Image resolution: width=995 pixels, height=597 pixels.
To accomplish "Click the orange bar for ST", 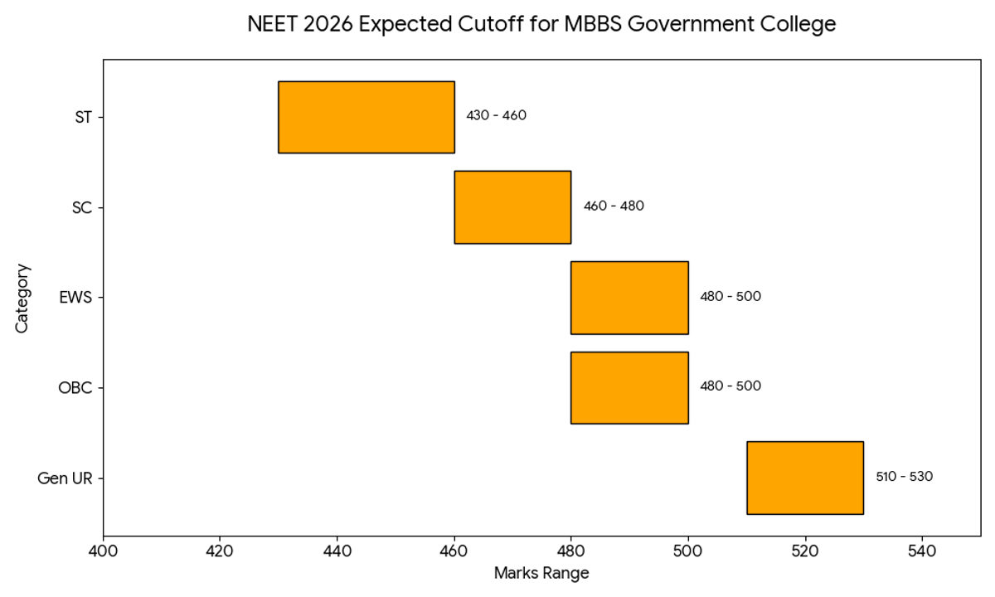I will [x=366, y=117].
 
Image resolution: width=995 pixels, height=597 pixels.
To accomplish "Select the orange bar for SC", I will [x=512, y=207].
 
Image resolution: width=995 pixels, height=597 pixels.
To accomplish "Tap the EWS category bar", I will [x=629, y=298].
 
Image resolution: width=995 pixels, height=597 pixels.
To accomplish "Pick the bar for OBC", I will [x=629, y=387].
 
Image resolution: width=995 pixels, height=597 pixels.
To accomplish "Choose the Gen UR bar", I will [x=805, y=478].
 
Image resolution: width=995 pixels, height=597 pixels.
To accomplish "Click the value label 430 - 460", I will [x=496, y=115].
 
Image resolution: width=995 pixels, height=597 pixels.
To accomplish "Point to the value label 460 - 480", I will [x=614, y=206].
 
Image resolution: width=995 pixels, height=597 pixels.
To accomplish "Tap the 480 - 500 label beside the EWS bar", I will [x=730, y=296].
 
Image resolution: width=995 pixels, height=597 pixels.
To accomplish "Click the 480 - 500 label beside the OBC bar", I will [x=730, y=386].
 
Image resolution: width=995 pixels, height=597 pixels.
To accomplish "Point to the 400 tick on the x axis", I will [x=103, y=550].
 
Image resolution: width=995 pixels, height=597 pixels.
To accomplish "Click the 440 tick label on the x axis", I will [x=337, y=550].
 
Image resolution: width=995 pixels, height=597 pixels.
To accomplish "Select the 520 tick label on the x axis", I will [x=805, y=550].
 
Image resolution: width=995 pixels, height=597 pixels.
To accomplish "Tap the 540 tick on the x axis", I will [x=922, y=550].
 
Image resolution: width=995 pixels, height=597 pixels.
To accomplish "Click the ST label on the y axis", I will [x=83, y=117].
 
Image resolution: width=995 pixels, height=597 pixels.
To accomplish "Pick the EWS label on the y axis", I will [x=75, y=298].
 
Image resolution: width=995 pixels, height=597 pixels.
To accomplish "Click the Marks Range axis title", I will [x=541, y=574].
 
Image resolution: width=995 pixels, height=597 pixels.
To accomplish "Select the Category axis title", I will [x=22, y=298].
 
